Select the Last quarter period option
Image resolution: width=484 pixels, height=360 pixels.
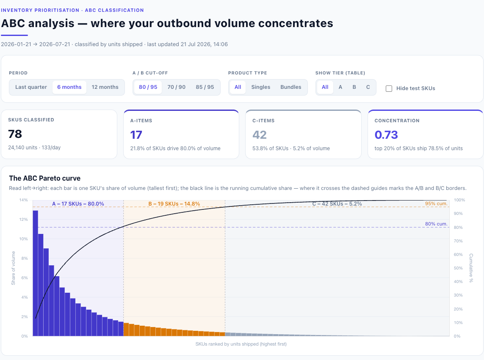click(31, 87)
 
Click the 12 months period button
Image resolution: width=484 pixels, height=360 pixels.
click(105, 87)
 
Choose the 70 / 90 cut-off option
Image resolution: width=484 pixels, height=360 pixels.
click(176, 87)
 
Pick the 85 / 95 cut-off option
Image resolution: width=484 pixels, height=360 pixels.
click(205, 87)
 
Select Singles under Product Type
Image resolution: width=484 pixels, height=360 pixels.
click(260, 87)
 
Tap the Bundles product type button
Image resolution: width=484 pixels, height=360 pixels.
click(291, 87)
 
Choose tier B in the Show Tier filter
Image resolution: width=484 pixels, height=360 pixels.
click(354, 87)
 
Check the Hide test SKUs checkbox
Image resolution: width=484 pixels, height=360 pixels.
click(389, 88)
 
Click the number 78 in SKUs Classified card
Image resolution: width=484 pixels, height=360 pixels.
click(15, 134)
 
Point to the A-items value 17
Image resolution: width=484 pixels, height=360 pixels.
click(136, 135)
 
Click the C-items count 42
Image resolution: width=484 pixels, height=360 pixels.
click(259, 135)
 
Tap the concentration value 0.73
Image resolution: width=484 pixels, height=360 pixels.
click(386, 135)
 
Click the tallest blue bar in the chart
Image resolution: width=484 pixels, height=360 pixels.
click(36, 273)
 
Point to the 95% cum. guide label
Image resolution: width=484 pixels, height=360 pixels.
click(436, 203)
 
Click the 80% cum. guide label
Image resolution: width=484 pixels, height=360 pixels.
click(436, 224)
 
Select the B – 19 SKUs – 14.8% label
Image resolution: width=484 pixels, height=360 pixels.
click(174, 204)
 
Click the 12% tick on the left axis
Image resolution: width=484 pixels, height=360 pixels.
click(23, 219)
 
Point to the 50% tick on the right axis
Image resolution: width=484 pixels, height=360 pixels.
click(458, 268)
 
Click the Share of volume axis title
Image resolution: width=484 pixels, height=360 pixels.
click(13, 268)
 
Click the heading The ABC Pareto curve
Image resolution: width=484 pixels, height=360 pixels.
click(45, 178)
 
